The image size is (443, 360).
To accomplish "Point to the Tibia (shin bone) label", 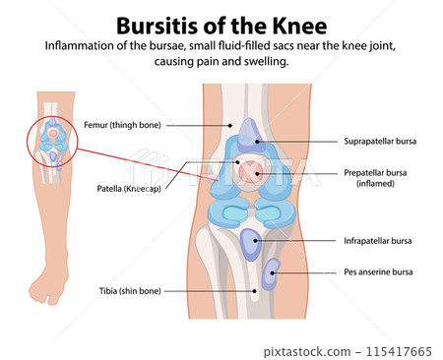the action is pyautogui.click(x=125, y=291).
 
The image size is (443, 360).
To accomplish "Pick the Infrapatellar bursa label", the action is pyautogui.click(x=378, y=240).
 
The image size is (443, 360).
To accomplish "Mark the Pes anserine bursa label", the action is pyautogui.click(x=378, y=271).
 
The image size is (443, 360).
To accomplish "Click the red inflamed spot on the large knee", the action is pyautogui.click(x=255, y=174).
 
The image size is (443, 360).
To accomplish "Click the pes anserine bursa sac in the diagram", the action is pyautogui.click(x=268, y=270).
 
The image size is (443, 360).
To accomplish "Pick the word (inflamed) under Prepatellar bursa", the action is pyautogui.click(x=378, y=185).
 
